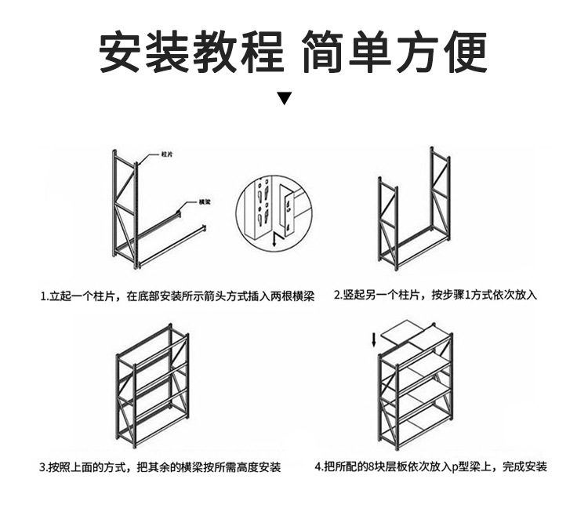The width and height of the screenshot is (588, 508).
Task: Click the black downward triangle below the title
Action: [x=285, y=99]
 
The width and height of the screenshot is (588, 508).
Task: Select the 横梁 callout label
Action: [x=205, y=201]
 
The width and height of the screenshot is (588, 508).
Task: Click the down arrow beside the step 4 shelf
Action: [x=374, y=340]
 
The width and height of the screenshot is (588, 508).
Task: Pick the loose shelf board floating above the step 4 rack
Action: [x=408, y=333]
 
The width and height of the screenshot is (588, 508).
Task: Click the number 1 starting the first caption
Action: [x=44, y=297]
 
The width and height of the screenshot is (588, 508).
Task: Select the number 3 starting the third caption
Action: [x=42, y=467]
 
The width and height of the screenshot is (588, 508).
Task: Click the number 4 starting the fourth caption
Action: [x=318, y=467]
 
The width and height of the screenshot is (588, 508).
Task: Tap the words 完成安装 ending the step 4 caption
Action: [x=525, y=467]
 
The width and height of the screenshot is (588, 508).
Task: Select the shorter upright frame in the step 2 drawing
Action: [x=388, y=223]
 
